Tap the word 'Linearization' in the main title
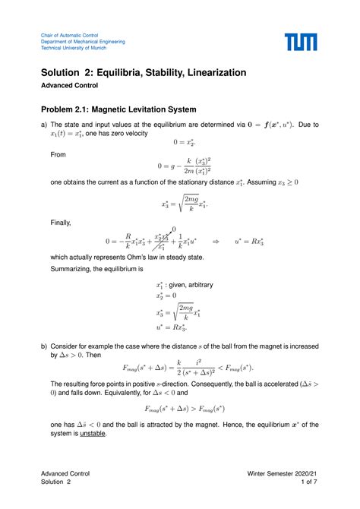click(x=209, y=72)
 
